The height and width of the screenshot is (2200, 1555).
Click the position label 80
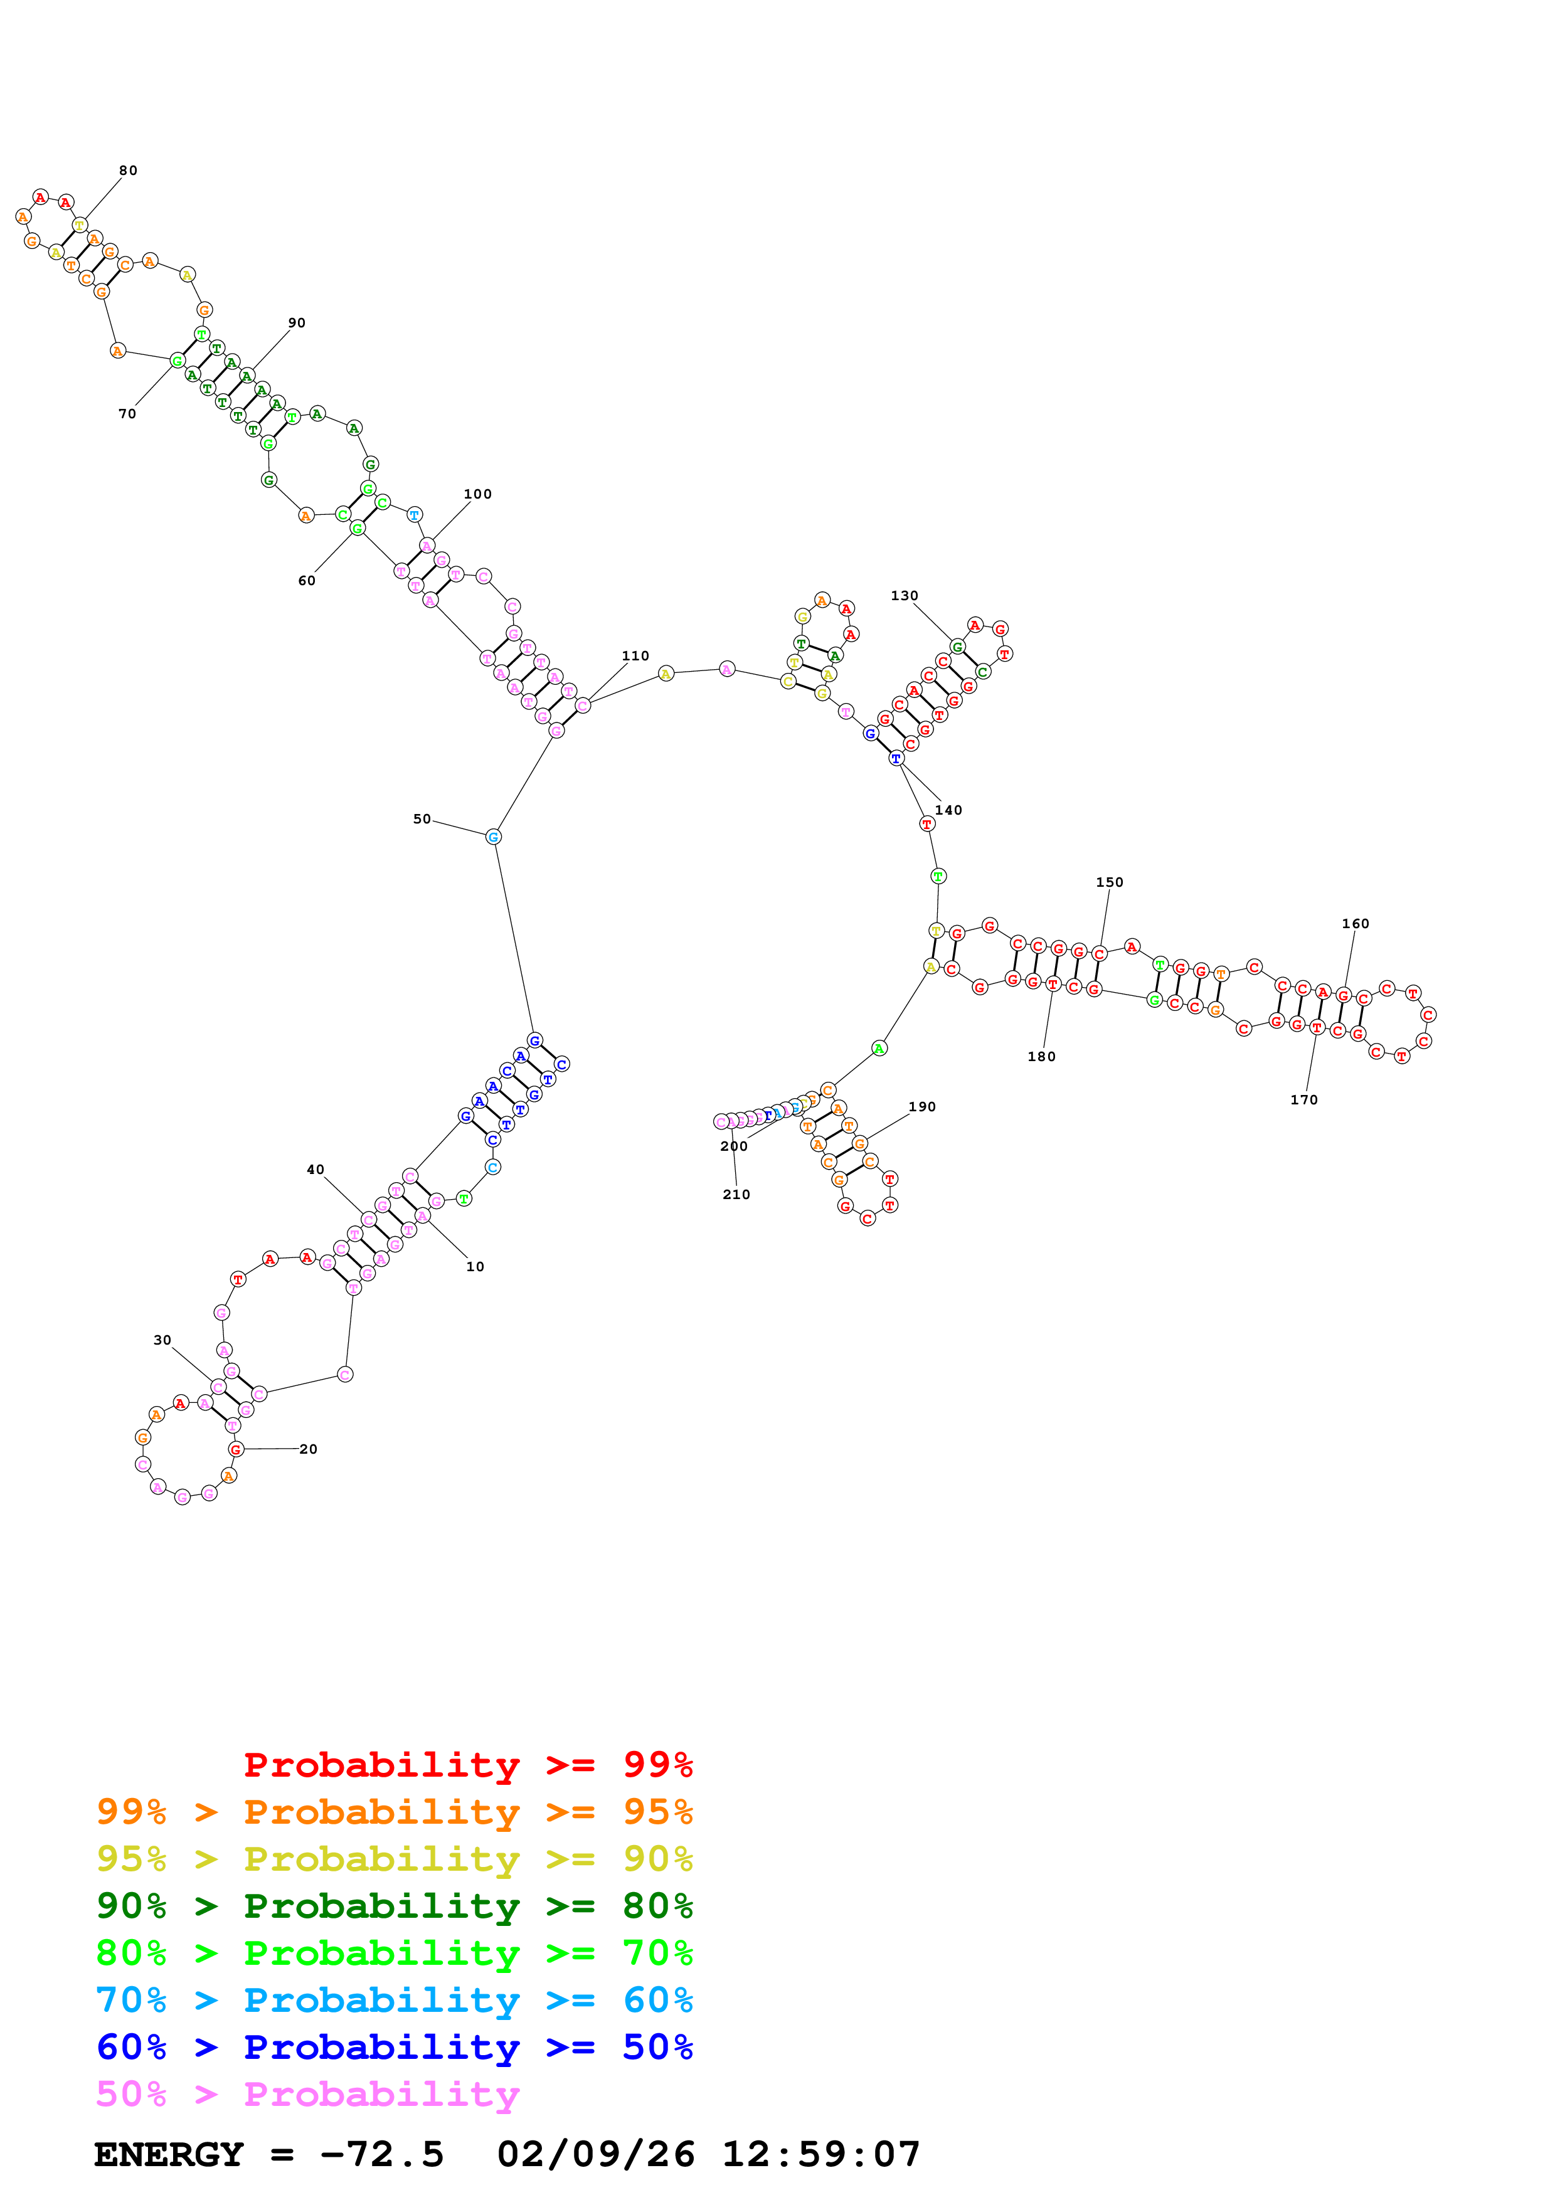pyautogui.click(x=129, y=171)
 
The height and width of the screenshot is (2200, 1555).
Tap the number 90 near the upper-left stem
pyautogui.click(x=297, y=323)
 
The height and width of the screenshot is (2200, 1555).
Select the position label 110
pyautogui.click(x=635, y=657)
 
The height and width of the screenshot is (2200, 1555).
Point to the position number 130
pyautogui.click(x=905, y=596)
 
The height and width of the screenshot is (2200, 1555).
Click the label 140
pyautogui.click(x=948, y=811)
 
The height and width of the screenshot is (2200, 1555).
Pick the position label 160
pyautogui.click(x=1356, y=924)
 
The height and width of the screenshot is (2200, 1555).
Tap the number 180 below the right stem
pyautogui.click(x=1041, y=1057)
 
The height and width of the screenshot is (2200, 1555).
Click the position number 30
pyautogui.click(x=163, y=1340)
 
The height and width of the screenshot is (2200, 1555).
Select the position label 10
pyautogui.click(x=475, y=1267)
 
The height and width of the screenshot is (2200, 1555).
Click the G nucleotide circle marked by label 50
pyautogui.click(x=494, y=837)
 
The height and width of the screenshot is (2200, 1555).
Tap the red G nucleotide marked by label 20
pyautogui.click(x=236, y=1450)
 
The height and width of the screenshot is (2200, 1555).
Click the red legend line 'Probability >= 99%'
pyautogui.click(x=467, y=1764)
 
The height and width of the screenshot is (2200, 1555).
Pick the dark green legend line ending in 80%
pyautogui.click(x=394, y=1906)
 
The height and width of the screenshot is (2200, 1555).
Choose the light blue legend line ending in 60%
pyautogui.click(x=394, y=2000)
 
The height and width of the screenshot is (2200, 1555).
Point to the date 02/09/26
pyautogui.click(x=596, y=2154)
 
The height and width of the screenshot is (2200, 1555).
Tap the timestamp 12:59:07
pyautogui.click(x=821, y=2154)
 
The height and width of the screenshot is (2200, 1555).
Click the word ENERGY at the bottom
pyautogui.click(x=169, y=2154)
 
